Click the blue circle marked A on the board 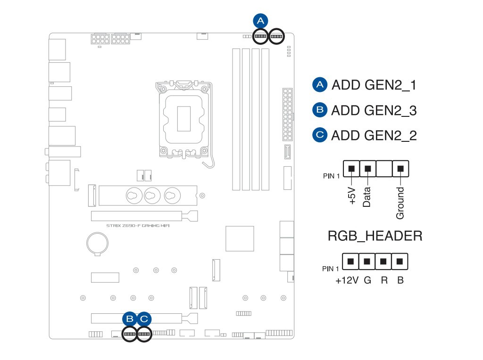tap(260, 21)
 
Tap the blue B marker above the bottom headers tap(129, 319)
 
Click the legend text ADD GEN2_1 tap(374, 85)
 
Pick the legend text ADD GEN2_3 tap(374, 111)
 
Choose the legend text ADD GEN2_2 tap(374, 136)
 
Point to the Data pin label tap(367, 197)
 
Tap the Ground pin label tap(400, 203)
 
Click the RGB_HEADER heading tap(375, 236)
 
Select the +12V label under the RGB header tap(347, 280)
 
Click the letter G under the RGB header tap(367, 280)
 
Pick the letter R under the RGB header tap(384, 280)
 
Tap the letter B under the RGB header tap(400, 280)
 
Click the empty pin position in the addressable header tap(384, 168)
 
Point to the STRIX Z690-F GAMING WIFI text tap(137, 226)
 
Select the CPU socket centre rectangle tap(183, 118)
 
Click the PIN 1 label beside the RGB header tap(331, 269)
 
